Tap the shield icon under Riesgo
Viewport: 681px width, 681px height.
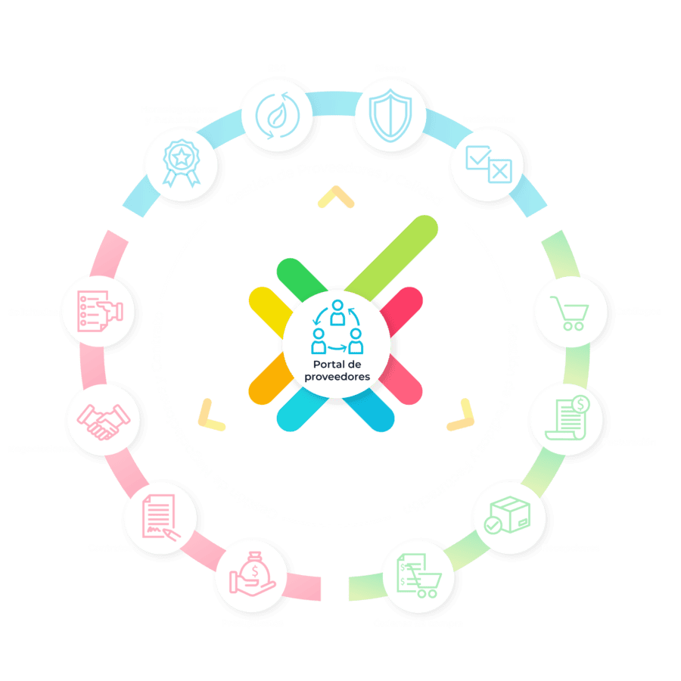[387, 114]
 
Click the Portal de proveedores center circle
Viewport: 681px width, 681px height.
[337, 340]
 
